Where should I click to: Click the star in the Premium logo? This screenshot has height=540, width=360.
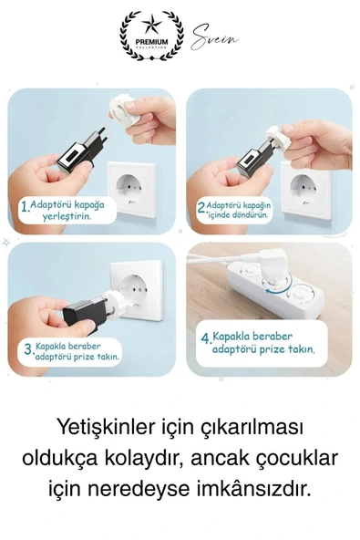pos(151,26)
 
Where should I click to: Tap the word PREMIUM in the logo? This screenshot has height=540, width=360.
pos(151,42)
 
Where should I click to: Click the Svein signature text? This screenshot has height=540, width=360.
pos(214,37)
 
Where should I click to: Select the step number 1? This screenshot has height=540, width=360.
pos(25,206)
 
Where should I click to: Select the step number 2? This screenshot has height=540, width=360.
pos(202,207)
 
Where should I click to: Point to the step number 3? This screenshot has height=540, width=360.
pos(28,349)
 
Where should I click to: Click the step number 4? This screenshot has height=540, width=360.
pos(206,337)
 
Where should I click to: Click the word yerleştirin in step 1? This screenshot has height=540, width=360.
pos(67,217)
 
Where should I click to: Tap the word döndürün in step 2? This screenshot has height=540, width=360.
pos(252,215)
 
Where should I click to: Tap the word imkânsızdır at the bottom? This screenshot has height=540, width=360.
pos(254,489)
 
